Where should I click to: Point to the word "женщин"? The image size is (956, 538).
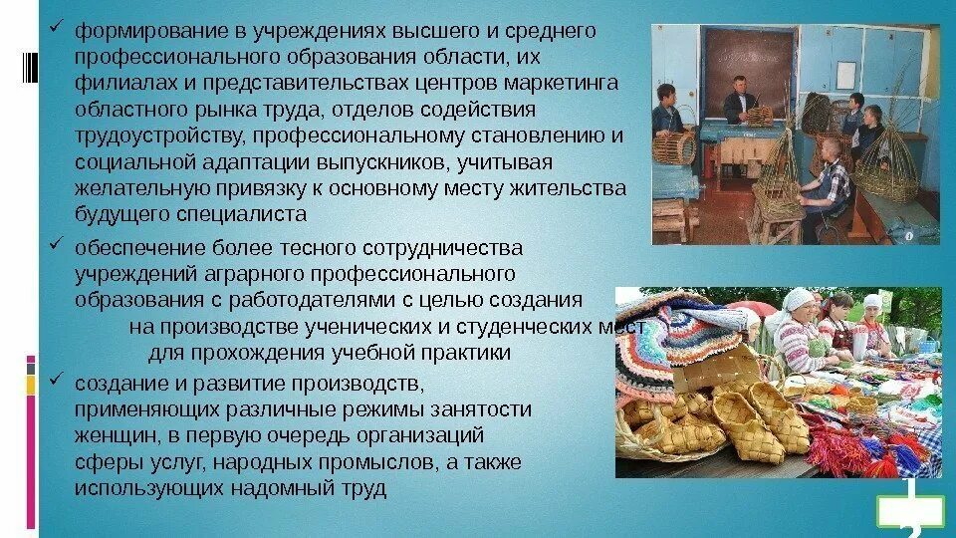(106, 435)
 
